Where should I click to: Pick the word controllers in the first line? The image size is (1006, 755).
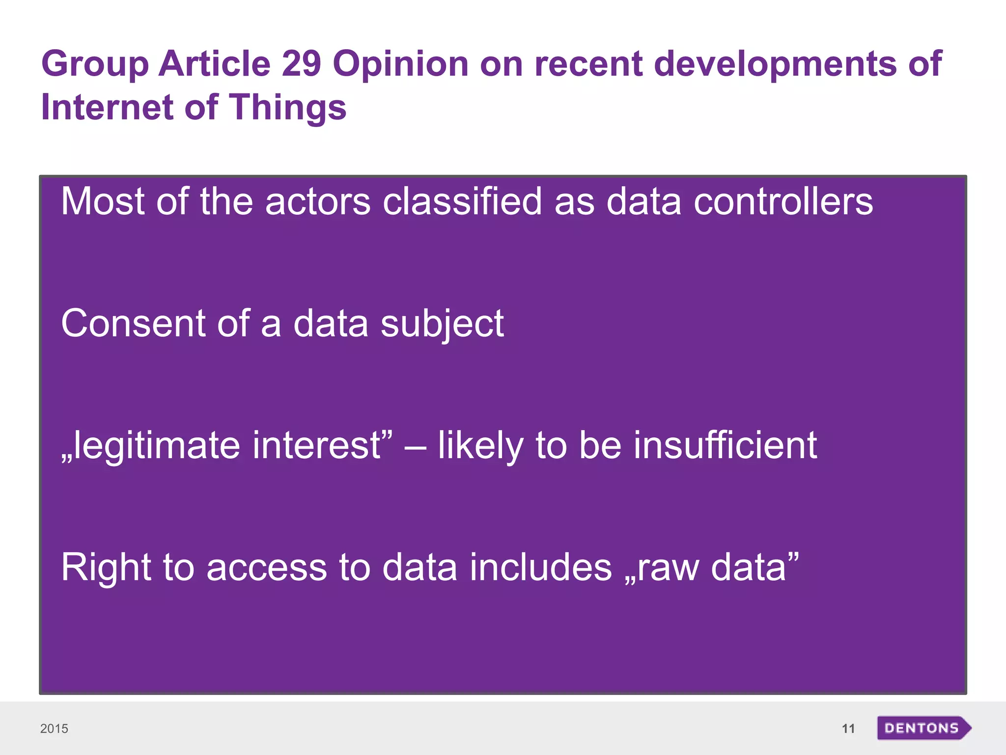click(783, 202)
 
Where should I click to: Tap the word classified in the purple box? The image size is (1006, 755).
click(462, 202)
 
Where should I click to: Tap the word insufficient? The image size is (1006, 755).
click(725, 445)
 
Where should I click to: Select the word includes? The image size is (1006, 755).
click(541, 567)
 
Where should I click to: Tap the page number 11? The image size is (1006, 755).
click(848, 728)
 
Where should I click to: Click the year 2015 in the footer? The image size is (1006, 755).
click(54, 728)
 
